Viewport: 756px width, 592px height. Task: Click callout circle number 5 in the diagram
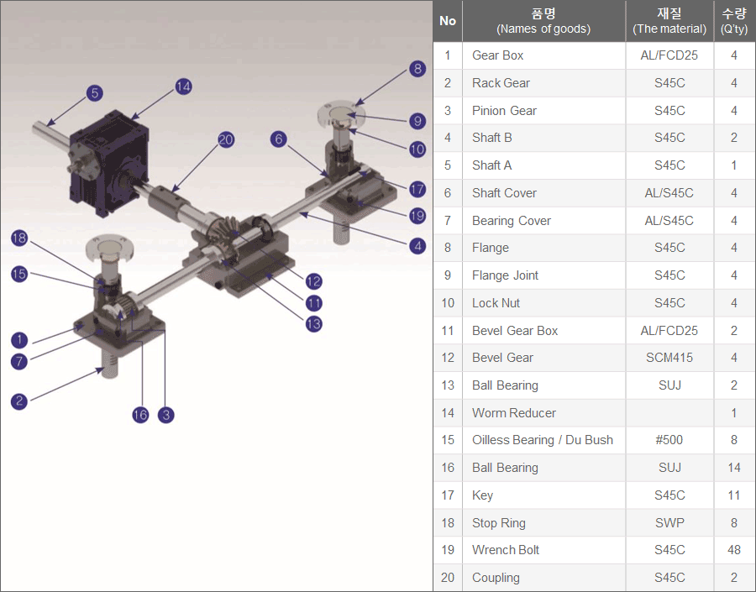95,93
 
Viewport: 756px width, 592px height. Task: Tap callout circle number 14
183,86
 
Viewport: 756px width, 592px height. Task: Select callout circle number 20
226,139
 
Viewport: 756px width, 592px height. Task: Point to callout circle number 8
417,69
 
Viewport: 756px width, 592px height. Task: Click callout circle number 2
19,401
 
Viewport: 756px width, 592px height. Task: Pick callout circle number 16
140,415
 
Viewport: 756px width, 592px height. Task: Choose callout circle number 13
314,323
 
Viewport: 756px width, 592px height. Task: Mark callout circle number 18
19,238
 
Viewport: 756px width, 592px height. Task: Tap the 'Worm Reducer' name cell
514,413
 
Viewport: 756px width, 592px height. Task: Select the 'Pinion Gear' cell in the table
504,111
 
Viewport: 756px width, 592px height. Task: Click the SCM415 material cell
669,358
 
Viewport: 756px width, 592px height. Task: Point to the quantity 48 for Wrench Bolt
734,550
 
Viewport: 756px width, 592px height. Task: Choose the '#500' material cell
669,440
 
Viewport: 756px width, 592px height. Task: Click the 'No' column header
448,21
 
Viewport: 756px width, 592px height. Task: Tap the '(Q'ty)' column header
734,29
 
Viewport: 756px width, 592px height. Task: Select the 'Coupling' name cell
496,578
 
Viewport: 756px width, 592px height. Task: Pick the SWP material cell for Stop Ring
669,523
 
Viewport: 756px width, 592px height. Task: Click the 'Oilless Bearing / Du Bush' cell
543,440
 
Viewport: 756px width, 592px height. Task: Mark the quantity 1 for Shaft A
734,165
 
